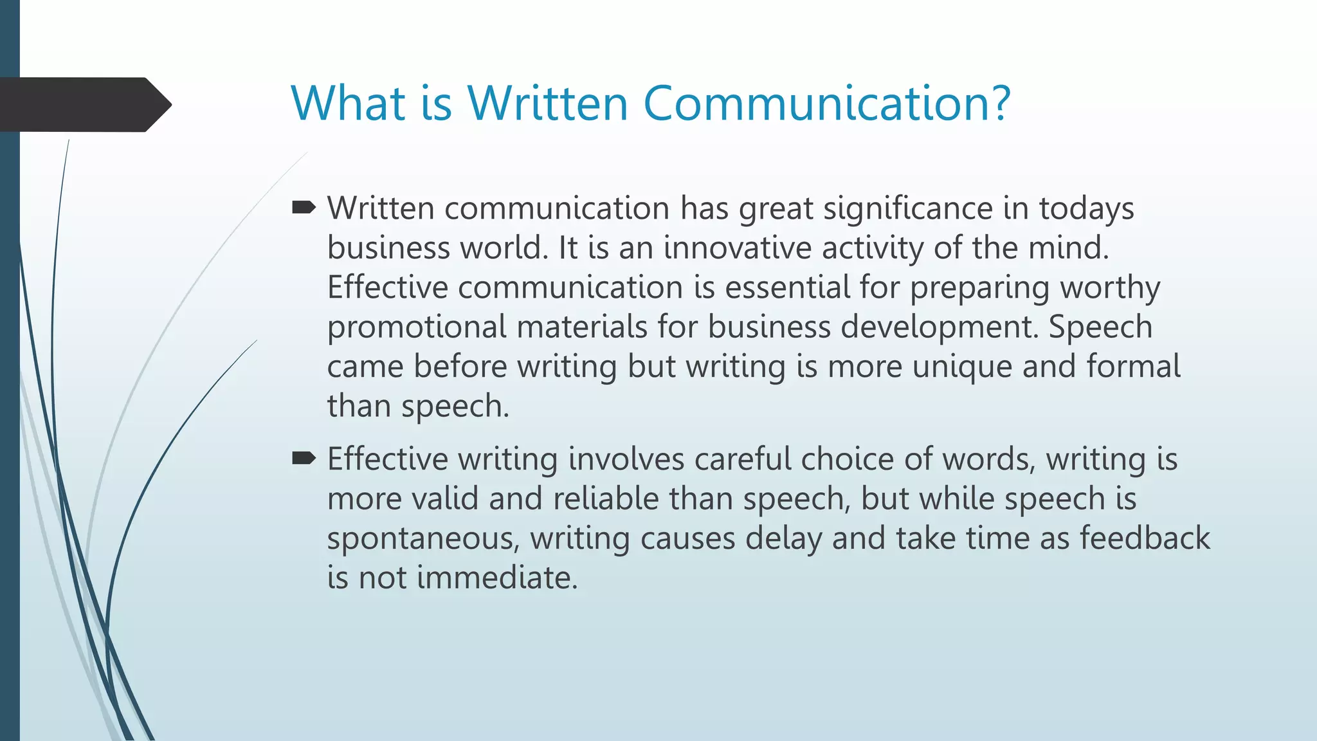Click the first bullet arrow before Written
[304, 207]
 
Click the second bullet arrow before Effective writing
[304, 458]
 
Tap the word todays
[1086, 209]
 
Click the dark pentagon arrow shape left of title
[84, 104]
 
